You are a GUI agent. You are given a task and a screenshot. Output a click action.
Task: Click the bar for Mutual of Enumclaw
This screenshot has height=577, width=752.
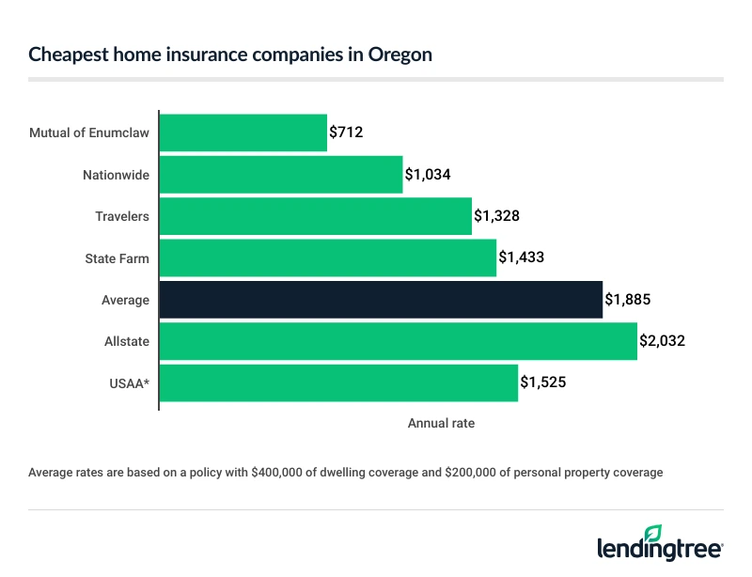point(243,133)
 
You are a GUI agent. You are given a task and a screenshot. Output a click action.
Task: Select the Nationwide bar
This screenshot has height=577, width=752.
point(281,175)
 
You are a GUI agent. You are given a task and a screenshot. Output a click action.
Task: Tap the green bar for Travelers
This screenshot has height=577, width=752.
point(316,216)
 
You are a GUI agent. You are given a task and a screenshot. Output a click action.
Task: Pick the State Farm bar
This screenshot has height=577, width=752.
point(328,257)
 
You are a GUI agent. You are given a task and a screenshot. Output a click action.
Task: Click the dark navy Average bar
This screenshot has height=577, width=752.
point(381,300)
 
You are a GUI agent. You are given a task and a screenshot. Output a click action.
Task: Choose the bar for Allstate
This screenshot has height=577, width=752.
point(399,341)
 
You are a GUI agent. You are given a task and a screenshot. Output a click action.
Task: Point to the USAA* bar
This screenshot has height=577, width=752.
point(339,382)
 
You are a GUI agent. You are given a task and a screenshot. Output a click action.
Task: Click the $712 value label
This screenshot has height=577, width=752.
point(346,133)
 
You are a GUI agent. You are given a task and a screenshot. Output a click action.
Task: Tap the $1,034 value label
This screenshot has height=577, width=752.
point(429,175)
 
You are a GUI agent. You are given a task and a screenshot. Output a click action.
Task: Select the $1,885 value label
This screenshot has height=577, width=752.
point(628,300)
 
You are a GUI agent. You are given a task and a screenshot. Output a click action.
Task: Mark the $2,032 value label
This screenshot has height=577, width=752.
point(663,341)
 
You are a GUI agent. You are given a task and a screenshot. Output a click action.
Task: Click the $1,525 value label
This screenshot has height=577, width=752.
point(543,382)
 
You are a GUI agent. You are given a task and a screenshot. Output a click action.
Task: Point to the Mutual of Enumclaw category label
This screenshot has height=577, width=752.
point(89,133)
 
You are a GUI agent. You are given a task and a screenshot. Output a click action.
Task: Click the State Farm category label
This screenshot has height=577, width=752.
point(119,257)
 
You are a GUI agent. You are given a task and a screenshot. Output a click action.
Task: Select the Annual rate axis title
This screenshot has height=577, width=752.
point(441,424)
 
